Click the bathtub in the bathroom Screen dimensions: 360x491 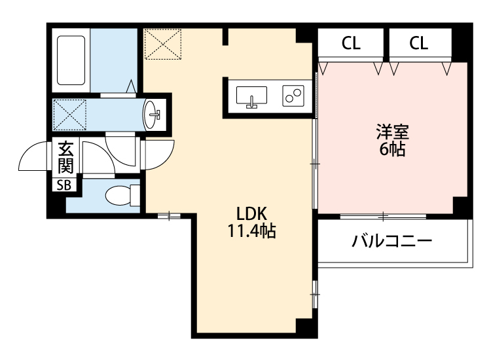click(x=71, y=60)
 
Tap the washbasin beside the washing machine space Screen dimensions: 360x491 click(x=153, y=115)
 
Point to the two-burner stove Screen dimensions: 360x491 click(x=292, y=96)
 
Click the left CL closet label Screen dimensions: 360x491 click(x=351, y=44)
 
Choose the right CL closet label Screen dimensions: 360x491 click(x=419, y=44)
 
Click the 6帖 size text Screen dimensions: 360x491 click(x=392, y=150)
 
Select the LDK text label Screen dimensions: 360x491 click(x=251, y=213)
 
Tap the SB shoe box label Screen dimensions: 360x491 click(x=64, y=185)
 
